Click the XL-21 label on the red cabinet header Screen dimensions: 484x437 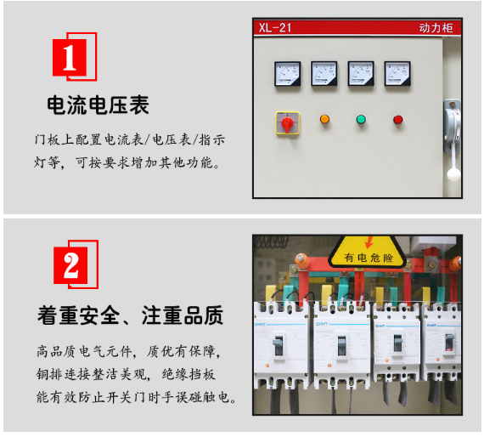(x=275, y=28)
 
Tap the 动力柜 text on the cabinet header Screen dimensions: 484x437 (x=436, y=28)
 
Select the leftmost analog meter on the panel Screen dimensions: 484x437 (x=287, y=74)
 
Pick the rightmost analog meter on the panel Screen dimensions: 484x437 (x=397, y=74)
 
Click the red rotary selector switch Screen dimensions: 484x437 (x=287, y=123)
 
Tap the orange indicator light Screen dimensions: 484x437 (x=324, y=119)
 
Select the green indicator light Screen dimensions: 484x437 (x=361, y=119)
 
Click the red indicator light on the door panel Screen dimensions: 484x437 (x=398, y=120)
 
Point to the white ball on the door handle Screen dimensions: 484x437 (x=453, y=174)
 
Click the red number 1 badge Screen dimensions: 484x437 (x=75, y=57)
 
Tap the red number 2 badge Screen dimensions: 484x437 (x=76, y=264)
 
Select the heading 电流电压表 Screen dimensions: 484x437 (x=98, y=105)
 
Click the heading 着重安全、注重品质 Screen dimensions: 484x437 (x=130, y=315)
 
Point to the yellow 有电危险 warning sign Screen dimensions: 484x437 (x=368, y=252)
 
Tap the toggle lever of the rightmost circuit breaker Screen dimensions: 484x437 (x=449, y=342)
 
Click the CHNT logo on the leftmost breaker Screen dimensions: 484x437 (x=260, y=325)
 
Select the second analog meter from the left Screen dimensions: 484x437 (x=324, y=74)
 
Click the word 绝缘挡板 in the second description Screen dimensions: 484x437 (x=189, y=375)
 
